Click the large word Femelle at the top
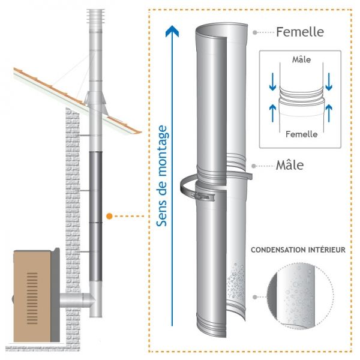[x=299, y=31]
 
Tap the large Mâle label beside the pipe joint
[x=290, y=164]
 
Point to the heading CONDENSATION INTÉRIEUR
[x=298, y=250]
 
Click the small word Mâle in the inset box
[x=301, y=60]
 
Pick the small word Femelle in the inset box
[x=301, y=134]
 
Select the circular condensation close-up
[x=298, y=296]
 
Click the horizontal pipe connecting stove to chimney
[x=73, y=300]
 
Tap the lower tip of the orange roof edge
[x=140, y=133]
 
